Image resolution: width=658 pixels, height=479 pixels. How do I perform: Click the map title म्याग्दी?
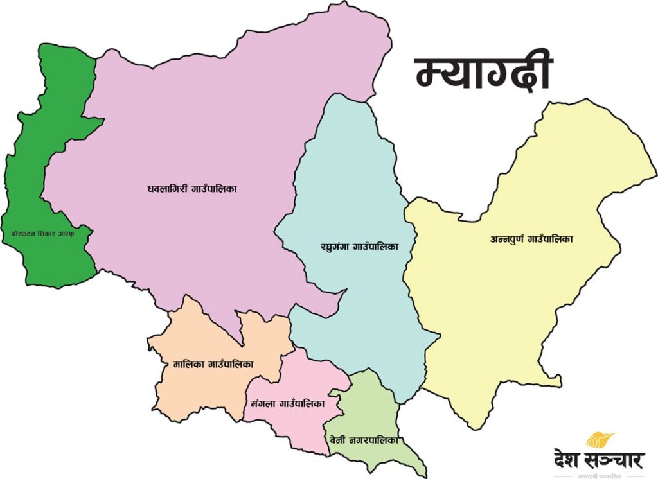(x=483, y=72)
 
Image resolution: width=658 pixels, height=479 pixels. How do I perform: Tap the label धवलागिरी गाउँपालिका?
(x=193, y=189)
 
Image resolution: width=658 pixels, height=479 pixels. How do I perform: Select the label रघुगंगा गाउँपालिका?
(x=360, y=246)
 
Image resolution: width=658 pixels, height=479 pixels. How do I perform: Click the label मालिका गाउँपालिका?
(x=213, y=364)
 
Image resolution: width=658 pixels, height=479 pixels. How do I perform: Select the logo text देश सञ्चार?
(x=599, y=461)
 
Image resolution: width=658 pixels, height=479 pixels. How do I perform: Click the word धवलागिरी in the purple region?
(x=166, y=189)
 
